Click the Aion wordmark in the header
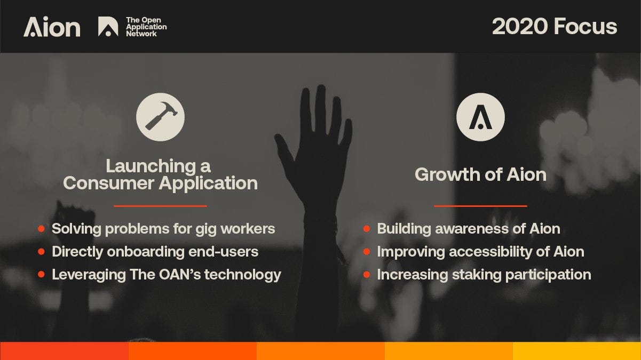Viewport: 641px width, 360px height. [52, 27]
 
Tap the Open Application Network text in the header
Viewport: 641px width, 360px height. [146, 27]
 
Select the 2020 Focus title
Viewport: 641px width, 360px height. [554, 26]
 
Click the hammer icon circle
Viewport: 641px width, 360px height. [160, 117]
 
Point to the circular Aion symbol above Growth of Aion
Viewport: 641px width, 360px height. [480, 117]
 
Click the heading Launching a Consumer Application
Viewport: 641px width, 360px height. [160, 174]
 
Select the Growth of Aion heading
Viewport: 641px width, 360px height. [480, 174]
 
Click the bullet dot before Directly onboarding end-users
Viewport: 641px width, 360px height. [41, 252]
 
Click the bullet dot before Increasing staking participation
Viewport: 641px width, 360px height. [367, 275]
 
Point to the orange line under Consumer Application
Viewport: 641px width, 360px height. [160, 205]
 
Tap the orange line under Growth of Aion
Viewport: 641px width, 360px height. [480, 205]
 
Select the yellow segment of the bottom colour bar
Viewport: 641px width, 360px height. [577, 351]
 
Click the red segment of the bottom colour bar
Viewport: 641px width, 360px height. [64, 351]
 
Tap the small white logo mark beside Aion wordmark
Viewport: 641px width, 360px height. [108, 27]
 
